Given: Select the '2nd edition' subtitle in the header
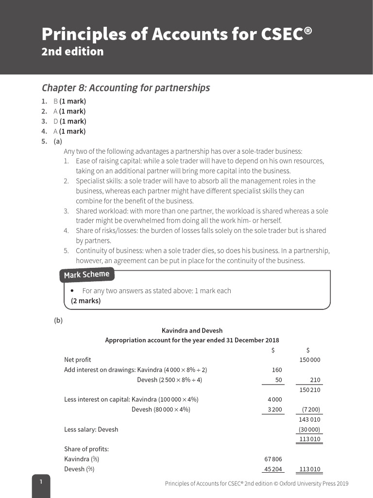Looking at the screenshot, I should coord(72,52).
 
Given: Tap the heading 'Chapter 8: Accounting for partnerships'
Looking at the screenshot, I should coord(126,88).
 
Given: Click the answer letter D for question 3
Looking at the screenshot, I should coord(55,121).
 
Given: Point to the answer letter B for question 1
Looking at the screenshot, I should coord(55,101).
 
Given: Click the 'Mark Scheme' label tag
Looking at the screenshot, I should coord(87,275).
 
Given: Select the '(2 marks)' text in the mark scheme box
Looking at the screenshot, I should coord(86,301).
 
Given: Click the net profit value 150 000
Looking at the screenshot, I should coord(309,360).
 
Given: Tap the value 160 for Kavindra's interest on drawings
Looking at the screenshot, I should coord(277,370).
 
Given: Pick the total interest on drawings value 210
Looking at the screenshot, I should coord(315,380).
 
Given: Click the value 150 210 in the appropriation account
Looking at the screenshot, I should coord(309,390).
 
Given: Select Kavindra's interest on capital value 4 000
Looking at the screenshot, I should coord(274,400).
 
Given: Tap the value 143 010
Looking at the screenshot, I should coord(309,419).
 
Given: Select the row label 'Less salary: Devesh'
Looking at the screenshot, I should coord(91,429).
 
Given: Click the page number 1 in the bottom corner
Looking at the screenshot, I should coord(41,482).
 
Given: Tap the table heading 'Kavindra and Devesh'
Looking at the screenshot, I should coord(192,331).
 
